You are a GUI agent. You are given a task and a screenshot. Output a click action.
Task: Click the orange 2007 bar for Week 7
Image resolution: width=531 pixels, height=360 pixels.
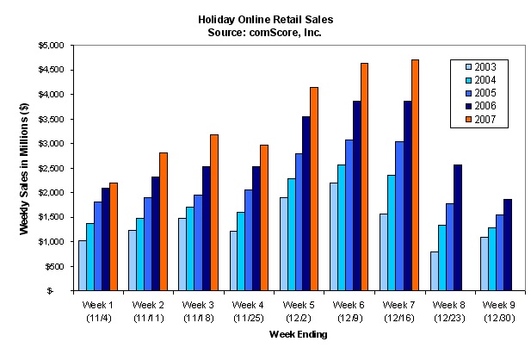pyautogui.click(x=415, y=175)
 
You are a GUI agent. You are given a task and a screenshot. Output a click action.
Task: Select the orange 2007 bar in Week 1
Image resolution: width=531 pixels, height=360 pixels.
pyautogui.click(x=114, y=237)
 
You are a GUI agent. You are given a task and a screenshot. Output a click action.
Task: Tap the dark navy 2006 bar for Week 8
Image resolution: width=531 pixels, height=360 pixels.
pyautogui.click(x=458, y=227)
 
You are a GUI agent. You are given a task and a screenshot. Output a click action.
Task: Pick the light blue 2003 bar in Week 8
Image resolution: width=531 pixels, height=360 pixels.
pyautogui.click(x=434, y=270)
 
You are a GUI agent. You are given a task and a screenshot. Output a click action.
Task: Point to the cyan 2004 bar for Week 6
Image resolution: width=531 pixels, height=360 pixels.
pyautogui.click(x=341, y=227)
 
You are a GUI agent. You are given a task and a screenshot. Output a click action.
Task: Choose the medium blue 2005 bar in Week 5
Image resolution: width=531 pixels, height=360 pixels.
pyautogui.click(x=299, y=222)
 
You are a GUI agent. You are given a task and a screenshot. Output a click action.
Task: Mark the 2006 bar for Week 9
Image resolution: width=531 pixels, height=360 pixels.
pyautogui.click(x=508, y=245)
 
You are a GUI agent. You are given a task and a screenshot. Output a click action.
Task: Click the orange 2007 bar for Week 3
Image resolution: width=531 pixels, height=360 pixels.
pyautogui.click(x=214, y=213)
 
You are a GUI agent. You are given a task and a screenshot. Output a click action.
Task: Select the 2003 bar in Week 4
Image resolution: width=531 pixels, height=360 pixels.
pyautogui.click(x=233, y=261)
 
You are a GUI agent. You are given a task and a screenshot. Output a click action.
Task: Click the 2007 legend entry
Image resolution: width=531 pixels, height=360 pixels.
pyautogui.click(x=481, y=120)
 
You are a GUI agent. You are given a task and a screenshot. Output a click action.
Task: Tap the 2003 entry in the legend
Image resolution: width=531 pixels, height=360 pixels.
pyautogui.click(x=481, y=67)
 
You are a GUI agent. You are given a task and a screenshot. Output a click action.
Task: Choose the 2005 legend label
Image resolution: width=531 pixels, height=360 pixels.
pyautogui.click(x=485, y=93)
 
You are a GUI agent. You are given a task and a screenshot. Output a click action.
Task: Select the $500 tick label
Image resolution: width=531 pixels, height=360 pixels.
pyautogui.click(x=54, y=267)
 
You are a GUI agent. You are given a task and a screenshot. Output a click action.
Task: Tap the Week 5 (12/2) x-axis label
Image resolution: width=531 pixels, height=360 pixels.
pyautogui.click(x=299, y=312)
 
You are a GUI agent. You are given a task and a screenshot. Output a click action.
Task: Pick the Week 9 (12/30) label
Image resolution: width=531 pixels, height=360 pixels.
pyautogui.click(x=499, y=312)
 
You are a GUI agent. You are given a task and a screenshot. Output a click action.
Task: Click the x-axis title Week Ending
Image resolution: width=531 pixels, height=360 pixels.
pyautogui.click(x=299, y=334)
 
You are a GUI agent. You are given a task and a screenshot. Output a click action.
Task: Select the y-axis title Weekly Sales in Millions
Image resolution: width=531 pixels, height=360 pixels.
pyautogui.click(x=24, y=169)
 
